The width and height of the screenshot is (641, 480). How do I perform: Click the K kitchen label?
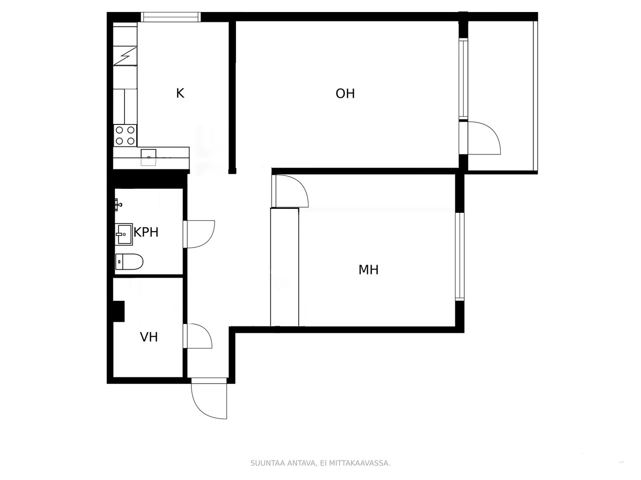pyautogui.click(x=180, y=93)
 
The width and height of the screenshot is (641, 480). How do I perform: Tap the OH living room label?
pyautogui.click(x=345, y=93)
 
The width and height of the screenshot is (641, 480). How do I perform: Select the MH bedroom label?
pyautogui.click(x=368, y=270)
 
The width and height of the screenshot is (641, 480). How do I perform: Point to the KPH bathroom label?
pyautogui.click(x=146, y=232)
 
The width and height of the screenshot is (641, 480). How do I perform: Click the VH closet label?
pyautogui.click(x=149, y=337)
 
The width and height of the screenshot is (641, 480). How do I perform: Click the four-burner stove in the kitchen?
pyautogui.click(x=125, y=136)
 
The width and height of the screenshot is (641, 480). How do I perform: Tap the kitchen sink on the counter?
pyautogui.click(x=148, y=157)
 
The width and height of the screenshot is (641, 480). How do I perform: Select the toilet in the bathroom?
pyautogui.click(x=129, y=261)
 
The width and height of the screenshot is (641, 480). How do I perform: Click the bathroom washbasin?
pyautogui.click(x=124, y=234)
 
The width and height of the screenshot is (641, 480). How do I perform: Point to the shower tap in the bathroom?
pyautogui.click(x=118, y=204)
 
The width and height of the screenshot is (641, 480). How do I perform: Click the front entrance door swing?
pyautogui.click(x=209, y=398)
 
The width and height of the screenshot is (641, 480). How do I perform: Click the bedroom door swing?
pyautogui.click(x=290, y=191)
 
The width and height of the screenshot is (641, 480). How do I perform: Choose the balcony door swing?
pyautogui.click(x=480, y=138)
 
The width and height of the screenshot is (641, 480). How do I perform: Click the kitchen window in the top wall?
pyautogui.click(x=171, y=17)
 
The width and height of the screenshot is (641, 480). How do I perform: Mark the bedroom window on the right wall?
pyautogui.click(x=460, y=256)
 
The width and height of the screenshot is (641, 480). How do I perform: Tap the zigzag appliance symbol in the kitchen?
pyautogui.click(x=125, y=56)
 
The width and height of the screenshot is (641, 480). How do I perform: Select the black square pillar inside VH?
pyautogui.click(x=118, y=311)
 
